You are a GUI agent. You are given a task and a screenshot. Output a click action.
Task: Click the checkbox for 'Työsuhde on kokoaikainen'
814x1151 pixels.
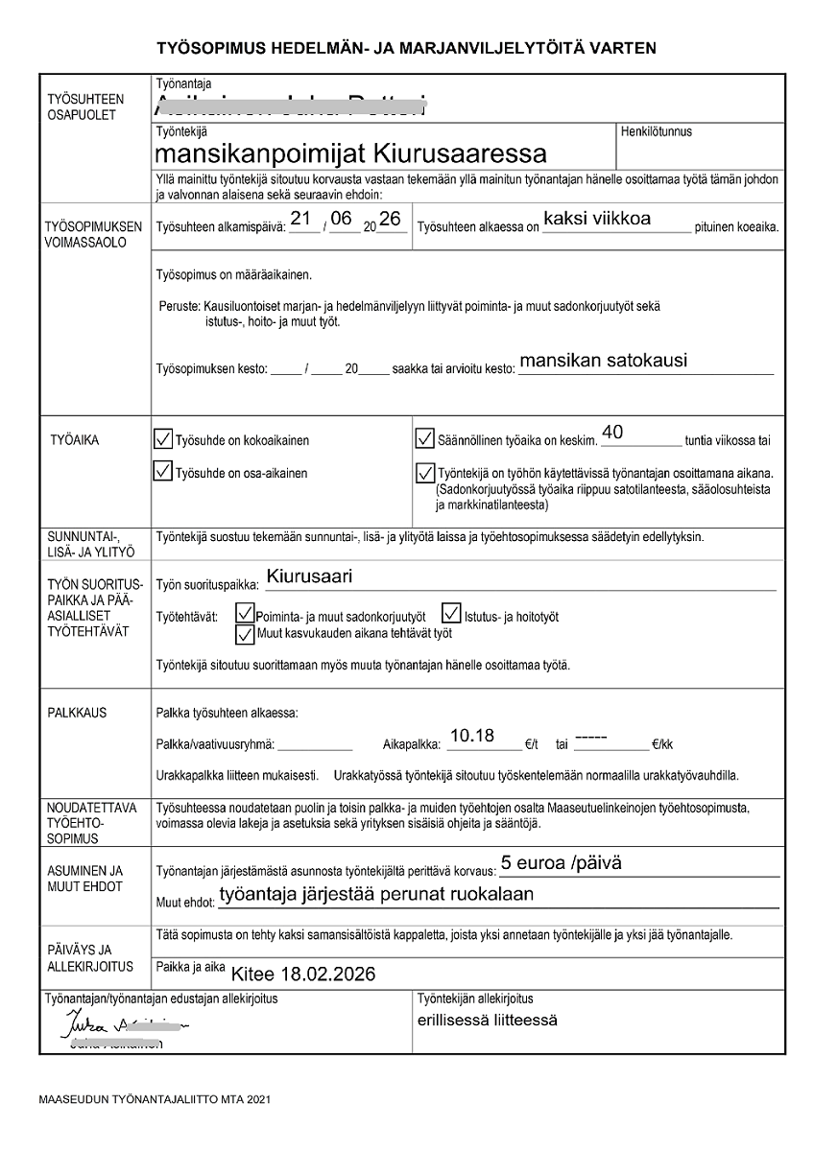click(x=164, y=439)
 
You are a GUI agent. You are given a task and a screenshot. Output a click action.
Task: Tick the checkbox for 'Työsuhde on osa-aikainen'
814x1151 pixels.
click(x=164, y=472)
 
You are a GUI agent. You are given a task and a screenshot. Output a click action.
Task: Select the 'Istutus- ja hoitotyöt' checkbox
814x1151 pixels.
click(x=451, y=613)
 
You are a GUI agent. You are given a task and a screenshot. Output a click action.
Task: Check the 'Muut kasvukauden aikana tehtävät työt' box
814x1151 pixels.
click(x=245, y=633)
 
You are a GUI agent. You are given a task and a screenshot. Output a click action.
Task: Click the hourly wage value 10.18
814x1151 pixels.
click(x=472, y=736)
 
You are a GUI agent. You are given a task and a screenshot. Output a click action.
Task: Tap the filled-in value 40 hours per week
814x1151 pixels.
click(x=612, y=433)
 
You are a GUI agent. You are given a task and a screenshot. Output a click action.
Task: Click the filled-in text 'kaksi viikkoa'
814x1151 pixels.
click(x=596, y=219)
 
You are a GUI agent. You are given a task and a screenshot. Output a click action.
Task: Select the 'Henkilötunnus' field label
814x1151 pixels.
click(x=657, y=131)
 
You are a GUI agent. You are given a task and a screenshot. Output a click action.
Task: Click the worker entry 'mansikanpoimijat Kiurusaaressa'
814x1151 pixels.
click(x=349, y=153)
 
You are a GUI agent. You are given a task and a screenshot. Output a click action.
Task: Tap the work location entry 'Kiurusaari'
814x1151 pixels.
click(x=310, y=577)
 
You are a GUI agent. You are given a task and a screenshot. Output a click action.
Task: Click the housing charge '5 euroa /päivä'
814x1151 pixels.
click(x=562, y=863)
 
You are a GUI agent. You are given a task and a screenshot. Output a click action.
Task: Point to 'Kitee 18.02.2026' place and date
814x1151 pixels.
click(x=303, y=974)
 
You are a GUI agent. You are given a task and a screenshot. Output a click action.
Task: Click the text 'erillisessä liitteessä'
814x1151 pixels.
click(x=488, y=1020)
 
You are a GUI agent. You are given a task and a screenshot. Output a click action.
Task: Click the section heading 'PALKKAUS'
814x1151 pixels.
click(x=77, y=714)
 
